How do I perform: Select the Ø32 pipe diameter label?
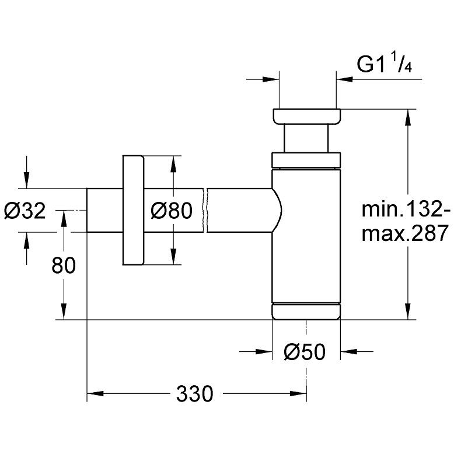(24, 211)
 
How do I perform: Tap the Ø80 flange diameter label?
(170, 211)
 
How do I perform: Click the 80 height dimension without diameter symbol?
(64, 266)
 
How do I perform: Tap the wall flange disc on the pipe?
(132, 210)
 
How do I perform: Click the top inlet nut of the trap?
(306, 116)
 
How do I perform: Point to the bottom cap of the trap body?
(306, 311)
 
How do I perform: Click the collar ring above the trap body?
(306, 160)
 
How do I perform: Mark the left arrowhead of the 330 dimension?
(93, 394)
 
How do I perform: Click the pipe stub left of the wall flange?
(104, 210)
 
